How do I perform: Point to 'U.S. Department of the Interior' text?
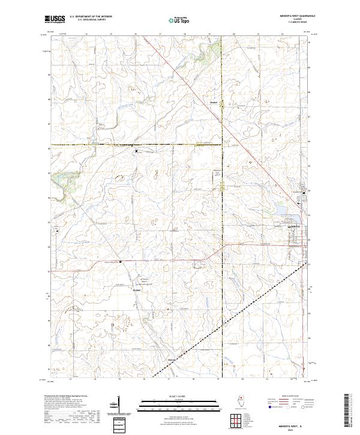pos(91,16)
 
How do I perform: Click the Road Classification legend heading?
pos(294,396)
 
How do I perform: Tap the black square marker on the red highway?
pos(120,262)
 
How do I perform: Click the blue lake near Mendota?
pos(281,210)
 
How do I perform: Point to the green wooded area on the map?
pos(60,178)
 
